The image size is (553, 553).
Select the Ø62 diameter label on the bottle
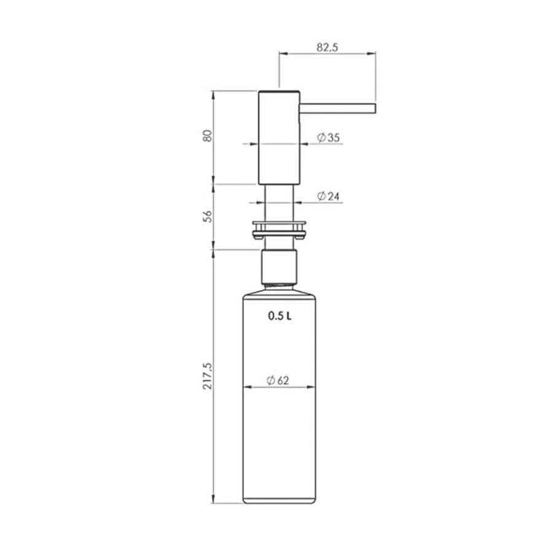pos(278,381)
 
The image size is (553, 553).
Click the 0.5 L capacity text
pos(279,316)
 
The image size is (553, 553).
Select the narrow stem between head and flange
pos(278,200)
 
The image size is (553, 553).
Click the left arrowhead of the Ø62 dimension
pos(248,388)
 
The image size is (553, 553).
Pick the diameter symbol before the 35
pos(321,138)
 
